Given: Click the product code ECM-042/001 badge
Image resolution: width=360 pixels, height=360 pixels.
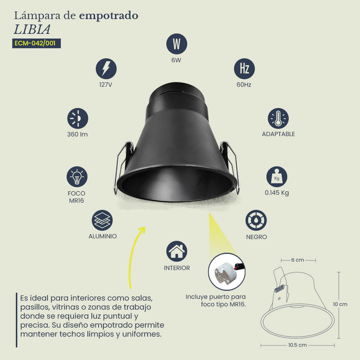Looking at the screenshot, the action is click(x=36, y=43).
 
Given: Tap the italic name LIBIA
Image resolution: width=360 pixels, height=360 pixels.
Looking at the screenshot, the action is click(x=32, y=29).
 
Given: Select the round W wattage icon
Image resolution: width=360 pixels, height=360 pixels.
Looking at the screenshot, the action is click(x=176, y=44).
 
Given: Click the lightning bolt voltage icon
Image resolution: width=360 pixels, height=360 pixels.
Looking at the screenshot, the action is click(x=106, y=68).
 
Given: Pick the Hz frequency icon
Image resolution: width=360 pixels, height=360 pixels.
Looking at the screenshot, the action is click(x=244, y=68).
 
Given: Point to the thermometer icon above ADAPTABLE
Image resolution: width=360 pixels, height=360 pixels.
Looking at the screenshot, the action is click(x=278, y=118).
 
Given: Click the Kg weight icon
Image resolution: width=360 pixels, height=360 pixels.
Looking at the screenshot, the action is click(x=276, y=177).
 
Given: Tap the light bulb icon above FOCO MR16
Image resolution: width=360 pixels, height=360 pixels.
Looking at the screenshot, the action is click(x=77, y=177).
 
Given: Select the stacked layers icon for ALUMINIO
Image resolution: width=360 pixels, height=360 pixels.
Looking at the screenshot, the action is click(x=102, y=220).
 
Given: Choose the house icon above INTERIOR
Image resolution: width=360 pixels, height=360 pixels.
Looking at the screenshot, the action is click(x=176, y=251).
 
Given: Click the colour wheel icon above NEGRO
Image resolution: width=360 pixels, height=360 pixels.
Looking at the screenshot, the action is click(x=256, y=220).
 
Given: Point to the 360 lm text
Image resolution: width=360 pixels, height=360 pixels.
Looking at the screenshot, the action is click(x=77, y=134).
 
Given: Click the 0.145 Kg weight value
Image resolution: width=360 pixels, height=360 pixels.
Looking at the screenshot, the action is click(x=276, y=192).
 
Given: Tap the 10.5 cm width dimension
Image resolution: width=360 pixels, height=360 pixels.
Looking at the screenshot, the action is click(x=297, y=345).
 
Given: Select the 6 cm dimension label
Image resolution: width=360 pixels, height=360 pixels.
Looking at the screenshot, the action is click(x=297, y=260).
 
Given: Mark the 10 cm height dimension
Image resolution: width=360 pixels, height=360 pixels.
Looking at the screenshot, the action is click(x=340, y=304).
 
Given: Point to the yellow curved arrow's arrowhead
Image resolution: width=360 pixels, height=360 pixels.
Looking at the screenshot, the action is click(x=142, y=230).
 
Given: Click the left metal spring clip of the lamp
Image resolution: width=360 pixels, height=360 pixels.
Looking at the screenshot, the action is click(x=123, y=166).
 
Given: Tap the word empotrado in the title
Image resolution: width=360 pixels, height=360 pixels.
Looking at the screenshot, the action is click(x=108, y=16).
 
